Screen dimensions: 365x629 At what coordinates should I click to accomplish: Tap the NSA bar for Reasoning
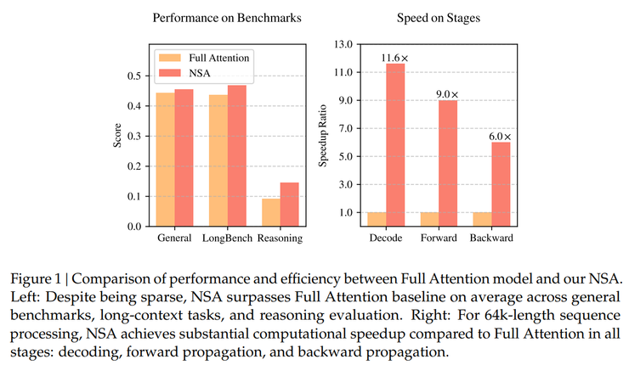(x=290, y=205)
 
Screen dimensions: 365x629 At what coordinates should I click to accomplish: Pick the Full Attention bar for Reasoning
(x=270, y=212)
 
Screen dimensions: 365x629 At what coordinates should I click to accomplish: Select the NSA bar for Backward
(x=501, y=183)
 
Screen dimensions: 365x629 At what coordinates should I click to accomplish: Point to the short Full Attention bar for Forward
(x=428, y=219)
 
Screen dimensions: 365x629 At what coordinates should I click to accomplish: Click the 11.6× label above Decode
(x=395, y=57)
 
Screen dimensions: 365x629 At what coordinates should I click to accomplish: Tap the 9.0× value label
(x=448, y=94)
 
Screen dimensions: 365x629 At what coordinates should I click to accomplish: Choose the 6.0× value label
(x=501, y=136)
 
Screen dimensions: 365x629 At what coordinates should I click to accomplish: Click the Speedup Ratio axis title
(x=323, y=137)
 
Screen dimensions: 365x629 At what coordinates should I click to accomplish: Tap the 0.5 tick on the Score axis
(x=135, y=76)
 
